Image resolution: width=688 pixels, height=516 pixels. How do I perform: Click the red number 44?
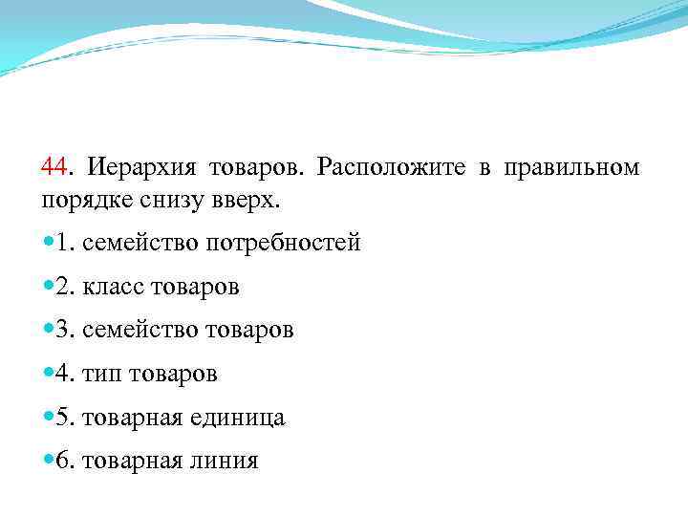click(x=54, y=168)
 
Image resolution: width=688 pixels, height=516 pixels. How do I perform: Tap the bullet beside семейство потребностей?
click(x=48, y=243)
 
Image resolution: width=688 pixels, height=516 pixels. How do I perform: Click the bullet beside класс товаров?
click(x=48, y=287)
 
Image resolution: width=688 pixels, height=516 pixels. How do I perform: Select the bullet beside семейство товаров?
click(x=48, y=331)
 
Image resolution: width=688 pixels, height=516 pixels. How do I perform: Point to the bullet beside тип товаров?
click(x=48, y=374)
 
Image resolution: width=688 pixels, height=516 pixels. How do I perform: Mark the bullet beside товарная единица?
click(x=48, y=418)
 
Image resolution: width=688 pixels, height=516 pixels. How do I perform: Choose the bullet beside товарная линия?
click(x=48, y=462)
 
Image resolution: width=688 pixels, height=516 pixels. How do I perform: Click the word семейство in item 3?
click(x=140, y=331)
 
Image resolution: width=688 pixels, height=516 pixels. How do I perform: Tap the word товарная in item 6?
click(x=131, y=462)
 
